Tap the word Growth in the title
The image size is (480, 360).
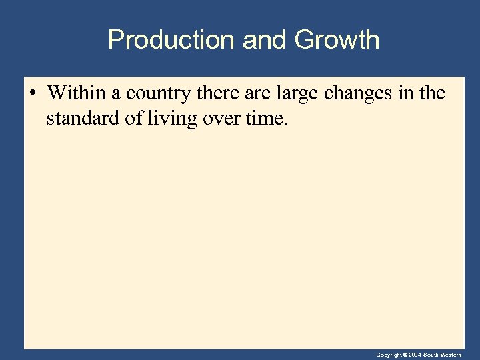click(337, 40)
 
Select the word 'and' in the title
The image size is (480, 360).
click(264, 40)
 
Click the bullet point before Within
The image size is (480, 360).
click(33, 93)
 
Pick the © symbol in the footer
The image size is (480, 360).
click(405, 355)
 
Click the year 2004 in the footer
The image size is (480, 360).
click(415, 355)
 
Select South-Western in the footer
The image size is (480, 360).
click(442, 355)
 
